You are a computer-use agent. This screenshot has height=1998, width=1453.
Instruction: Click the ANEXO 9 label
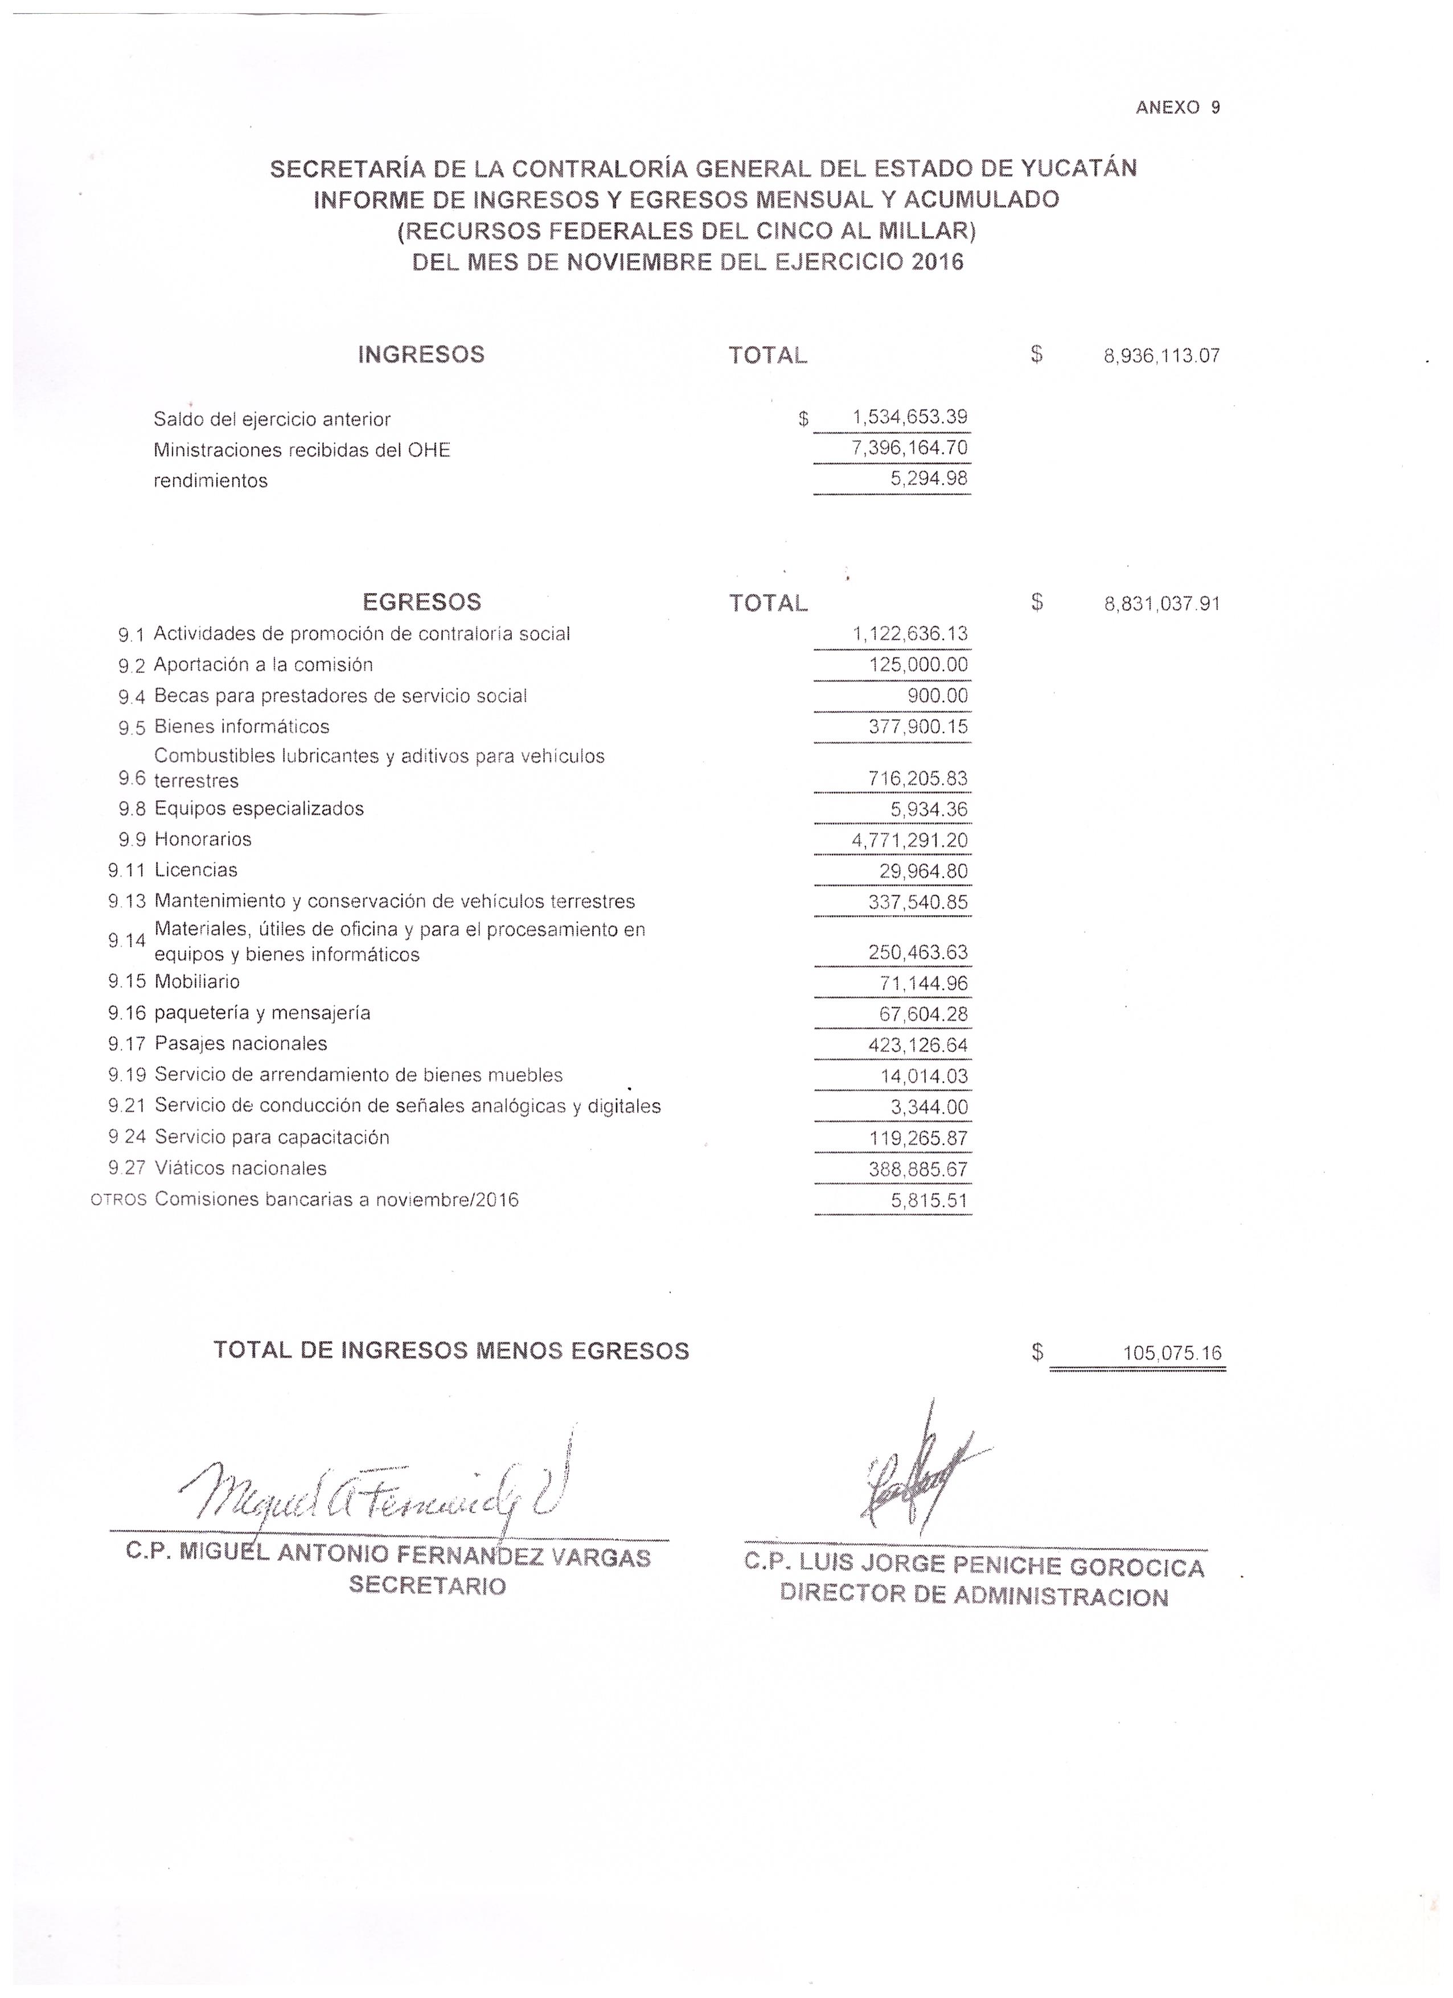(1177, 108)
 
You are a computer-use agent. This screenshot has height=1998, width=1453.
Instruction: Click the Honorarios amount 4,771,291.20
(909, 840)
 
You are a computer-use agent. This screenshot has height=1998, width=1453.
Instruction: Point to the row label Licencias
(196, 870)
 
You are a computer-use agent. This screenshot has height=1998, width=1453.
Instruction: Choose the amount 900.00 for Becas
(938, 696)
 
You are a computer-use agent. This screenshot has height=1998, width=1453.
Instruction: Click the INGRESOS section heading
(421, 354)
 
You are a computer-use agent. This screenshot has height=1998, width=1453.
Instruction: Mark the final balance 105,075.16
(1172, 1353)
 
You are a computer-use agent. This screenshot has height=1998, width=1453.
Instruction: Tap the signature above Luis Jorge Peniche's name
(917, 1480)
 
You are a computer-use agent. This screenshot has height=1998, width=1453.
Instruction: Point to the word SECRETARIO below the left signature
(428, 1586)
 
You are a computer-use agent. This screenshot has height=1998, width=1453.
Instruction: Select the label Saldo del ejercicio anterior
(272, 420)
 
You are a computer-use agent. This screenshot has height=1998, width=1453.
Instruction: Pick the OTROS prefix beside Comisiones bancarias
(118, 1201)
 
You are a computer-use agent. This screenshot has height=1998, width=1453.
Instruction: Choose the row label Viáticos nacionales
(240, 1169)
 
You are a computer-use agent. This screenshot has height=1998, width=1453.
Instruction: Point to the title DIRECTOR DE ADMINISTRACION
(974, 1596)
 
